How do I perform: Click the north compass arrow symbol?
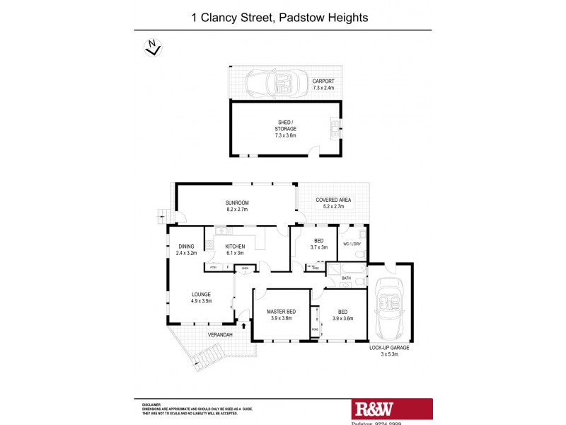pyautogui.click(x=151, y=48)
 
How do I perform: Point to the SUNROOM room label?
pyautogui.click(x=236, y=205)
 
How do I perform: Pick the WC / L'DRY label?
pyautogui.click(x=352, y=244)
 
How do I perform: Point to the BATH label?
pyautogui.click(x=345, y=278)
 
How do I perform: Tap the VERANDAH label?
pyautogui.click(x=221, y=335)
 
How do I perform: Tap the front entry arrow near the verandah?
pyautogui.click(x=244, y=326)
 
